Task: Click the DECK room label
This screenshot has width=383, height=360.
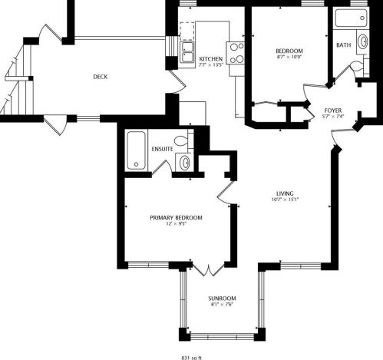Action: point(100,76)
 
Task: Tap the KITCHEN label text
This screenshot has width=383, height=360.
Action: point(211,59)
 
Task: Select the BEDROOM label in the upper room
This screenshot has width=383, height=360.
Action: point(289,51)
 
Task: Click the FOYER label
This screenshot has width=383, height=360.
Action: point(334,110)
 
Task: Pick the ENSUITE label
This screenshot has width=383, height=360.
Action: point(162,148)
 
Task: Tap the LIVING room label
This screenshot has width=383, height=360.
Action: point(286,193)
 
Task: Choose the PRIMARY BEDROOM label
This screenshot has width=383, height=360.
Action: point(176,218)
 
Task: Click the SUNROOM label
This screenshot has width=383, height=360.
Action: point(222,298)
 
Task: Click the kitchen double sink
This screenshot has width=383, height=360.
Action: point(187,51)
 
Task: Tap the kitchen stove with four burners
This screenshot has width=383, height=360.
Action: point(236,51)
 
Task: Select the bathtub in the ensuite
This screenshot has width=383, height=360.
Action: point(136,150)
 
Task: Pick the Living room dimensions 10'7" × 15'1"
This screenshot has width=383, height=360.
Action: point(286,200)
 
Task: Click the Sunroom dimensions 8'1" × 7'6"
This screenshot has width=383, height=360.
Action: point(222,305)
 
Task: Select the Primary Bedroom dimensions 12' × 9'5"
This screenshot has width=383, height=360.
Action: point(176,225)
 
